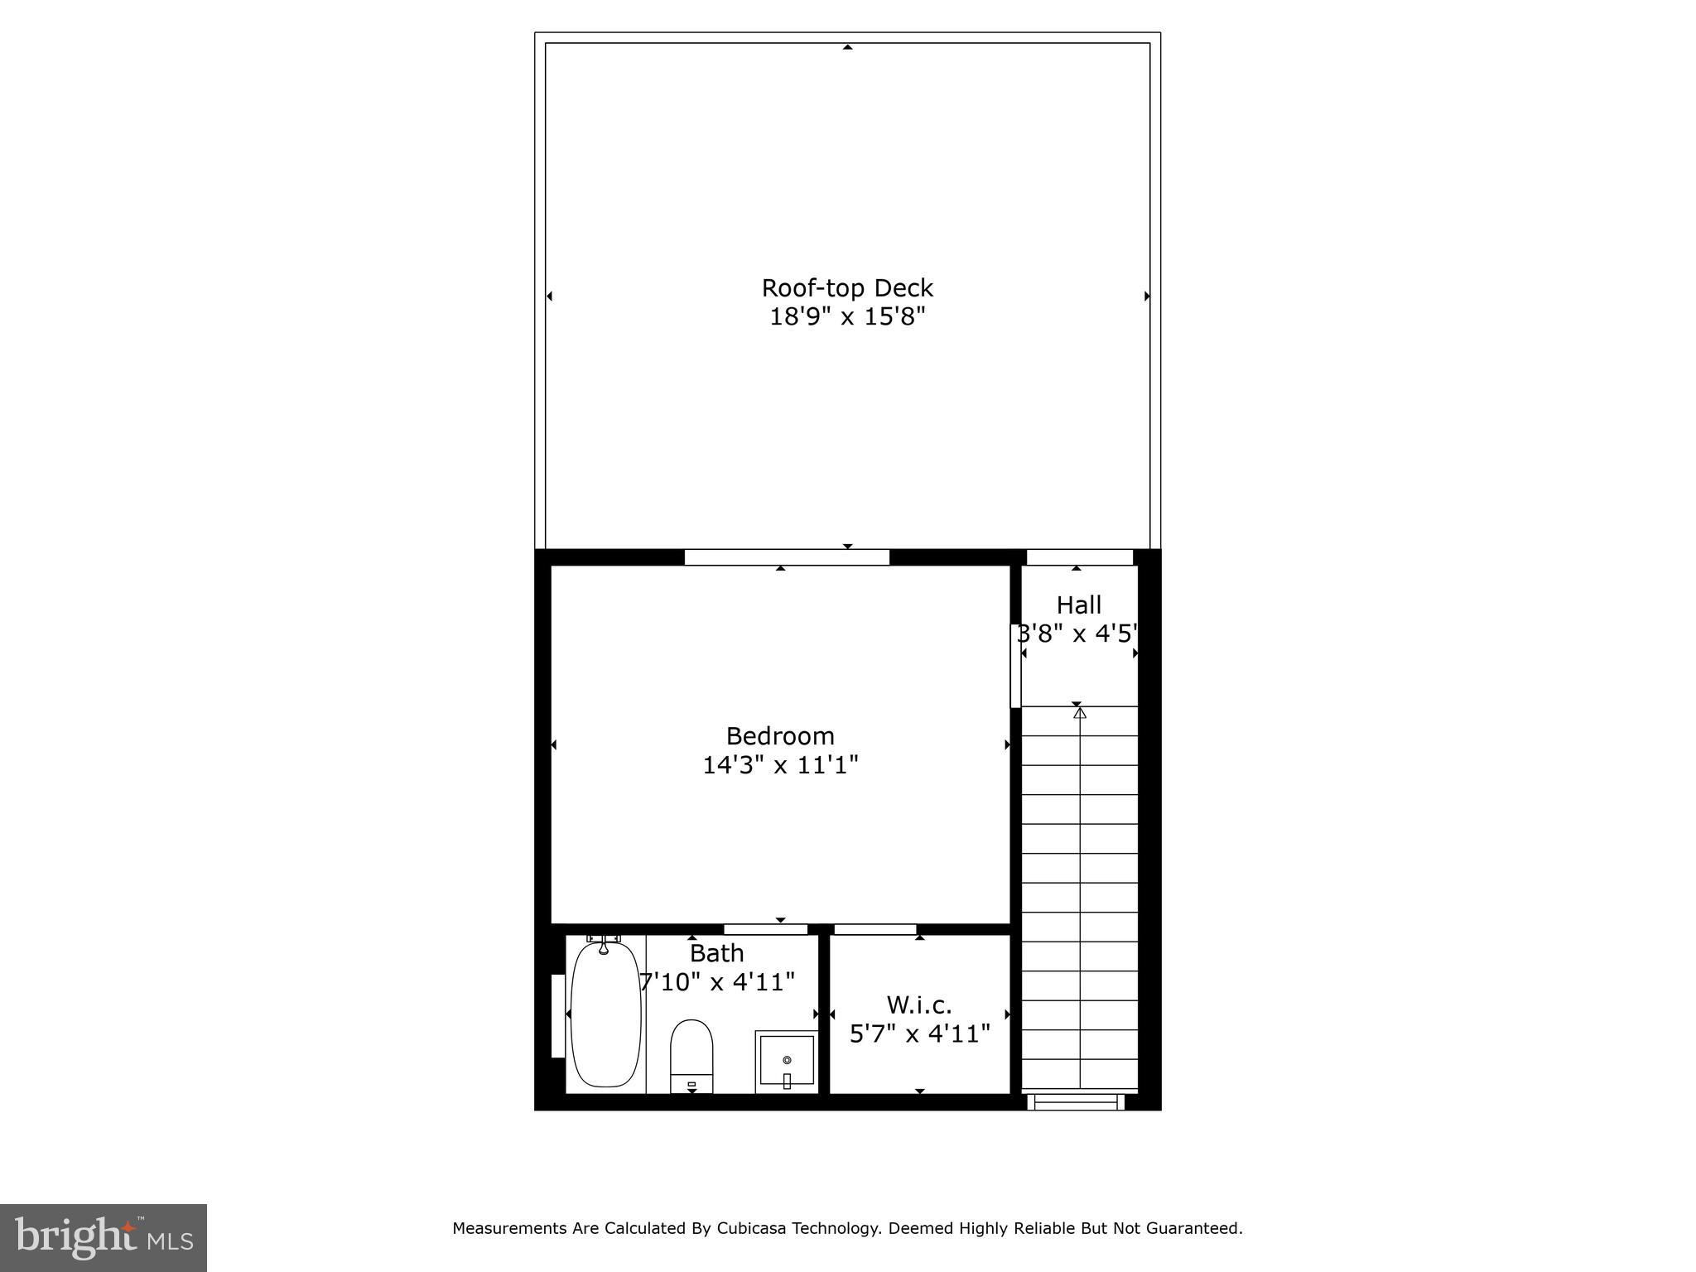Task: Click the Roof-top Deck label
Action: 847,288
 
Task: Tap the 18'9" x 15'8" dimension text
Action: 847,316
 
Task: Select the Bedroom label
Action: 780,736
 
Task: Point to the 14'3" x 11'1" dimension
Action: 780,764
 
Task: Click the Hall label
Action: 1079,605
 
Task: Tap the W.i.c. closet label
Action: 919,1005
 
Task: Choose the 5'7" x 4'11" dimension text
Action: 920,1033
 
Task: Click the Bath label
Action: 717,953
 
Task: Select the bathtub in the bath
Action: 606,1014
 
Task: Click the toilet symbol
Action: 691,1056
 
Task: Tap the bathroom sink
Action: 786,1062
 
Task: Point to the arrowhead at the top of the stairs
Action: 1079,712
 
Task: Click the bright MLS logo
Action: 104,1238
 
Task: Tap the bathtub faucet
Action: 605,943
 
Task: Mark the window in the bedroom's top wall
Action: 787,557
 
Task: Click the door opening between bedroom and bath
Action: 766,929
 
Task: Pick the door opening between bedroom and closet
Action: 875,929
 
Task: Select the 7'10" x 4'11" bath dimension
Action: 717,982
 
